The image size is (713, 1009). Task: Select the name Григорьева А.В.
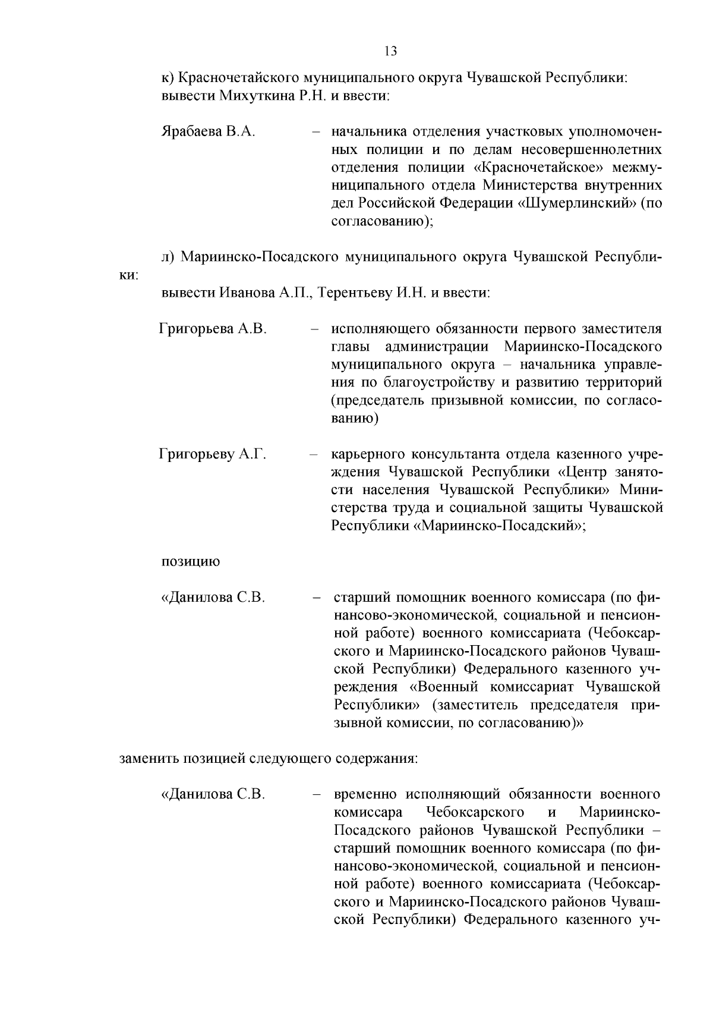pyautogui.click(x=213, y=329)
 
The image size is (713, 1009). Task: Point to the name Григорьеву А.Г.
pyautogui.click(x=212, y=455)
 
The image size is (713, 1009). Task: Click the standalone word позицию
pyautogui.click(x=191, y=561)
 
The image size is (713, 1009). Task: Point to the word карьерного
pyautogui.click(x=365, y=455)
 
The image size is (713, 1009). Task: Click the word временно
pyautogui.click(x=366, y=794)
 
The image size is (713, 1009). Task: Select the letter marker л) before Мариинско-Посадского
pyautogui.click(x=169, y=257)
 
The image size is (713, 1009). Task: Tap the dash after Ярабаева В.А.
pyautogui.click(x=317, y=131)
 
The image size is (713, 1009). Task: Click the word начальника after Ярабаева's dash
pyautogui.click(x=368, y=131)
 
